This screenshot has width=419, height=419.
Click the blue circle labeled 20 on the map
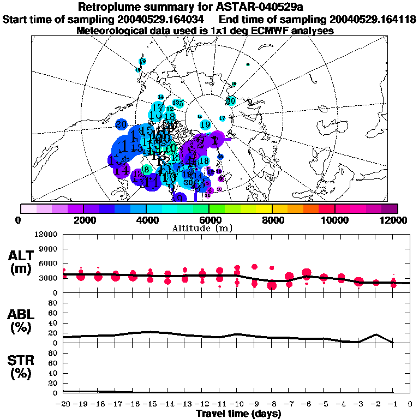[x=122, y=124]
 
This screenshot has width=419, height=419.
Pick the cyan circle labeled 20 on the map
[x=231, y=100]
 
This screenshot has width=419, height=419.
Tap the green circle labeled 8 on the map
[x=146, y=170]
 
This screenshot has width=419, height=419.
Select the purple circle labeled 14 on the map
[x=122, y=170]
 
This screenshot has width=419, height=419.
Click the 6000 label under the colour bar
[x=209, y=220]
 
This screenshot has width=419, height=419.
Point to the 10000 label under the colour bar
[x=334, y=220]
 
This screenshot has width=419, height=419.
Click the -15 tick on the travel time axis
[x=150, y=404]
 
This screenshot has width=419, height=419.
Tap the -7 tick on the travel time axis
[x=289, y=404]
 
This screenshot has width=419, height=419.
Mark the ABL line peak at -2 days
[x=375, y=334]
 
